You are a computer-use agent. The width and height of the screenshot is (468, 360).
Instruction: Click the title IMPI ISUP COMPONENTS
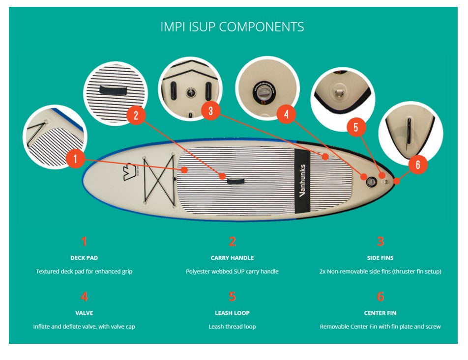pos(232,27)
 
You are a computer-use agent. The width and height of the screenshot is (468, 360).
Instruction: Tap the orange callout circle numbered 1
pos(75,159)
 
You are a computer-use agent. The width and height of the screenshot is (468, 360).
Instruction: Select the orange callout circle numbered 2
pos(136,115)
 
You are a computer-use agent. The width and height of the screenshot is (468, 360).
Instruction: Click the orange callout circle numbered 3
pos(210,111)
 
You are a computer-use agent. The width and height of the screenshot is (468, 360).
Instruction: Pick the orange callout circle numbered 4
pos(286,115)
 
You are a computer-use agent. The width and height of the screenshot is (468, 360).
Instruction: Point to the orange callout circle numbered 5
pos(356,127)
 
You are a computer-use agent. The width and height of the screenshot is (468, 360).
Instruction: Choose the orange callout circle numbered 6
pos(417,165)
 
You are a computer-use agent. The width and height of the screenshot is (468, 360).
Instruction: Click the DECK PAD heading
pos(84,258)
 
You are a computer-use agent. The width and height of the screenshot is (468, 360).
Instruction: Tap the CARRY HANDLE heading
pos(232,258)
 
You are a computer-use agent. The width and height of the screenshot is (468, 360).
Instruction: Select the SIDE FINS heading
pos(380,258)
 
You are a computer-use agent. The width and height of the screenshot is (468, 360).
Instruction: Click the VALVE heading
pos(84,313)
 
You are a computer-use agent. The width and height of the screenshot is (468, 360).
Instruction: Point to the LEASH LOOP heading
pos(232,313)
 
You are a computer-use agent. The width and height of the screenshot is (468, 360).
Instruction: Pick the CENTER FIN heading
pos(380,313)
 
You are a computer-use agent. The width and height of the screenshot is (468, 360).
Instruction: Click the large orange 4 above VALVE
pos(84,297)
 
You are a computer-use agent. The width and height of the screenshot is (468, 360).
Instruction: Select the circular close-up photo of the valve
pos(267,88)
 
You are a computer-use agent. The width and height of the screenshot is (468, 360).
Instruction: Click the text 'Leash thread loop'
pos(232,327)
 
